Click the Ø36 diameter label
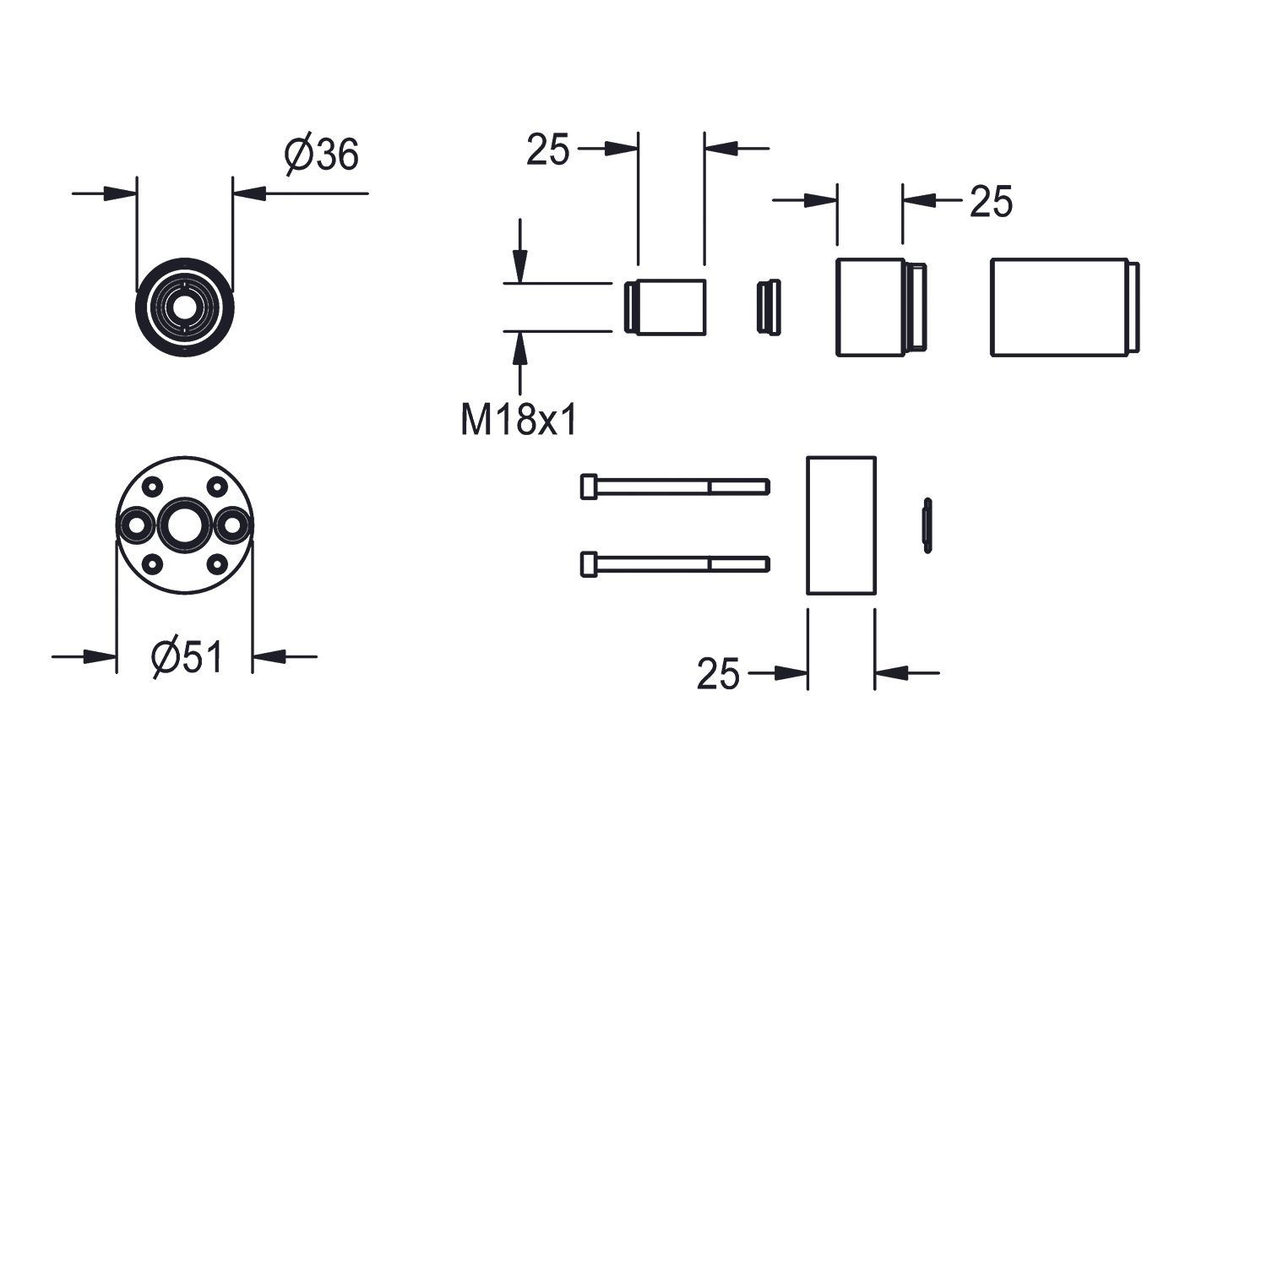click(x=322, y=155)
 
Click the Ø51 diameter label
click(x=188, y=656)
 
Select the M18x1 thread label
click(x=519, y=419)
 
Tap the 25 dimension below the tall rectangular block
click(x=718, y=674)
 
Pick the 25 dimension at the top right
click(x=991, y=202)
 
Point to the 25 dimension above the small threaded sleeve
click(x=548, y=150)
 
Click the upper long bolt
click(x=675, y=487)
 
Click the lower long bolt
click(x=675, y=563)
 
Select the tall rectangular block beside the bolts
click(x=841, y=525)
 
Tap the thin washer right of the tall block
click(x=927, y=525)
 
